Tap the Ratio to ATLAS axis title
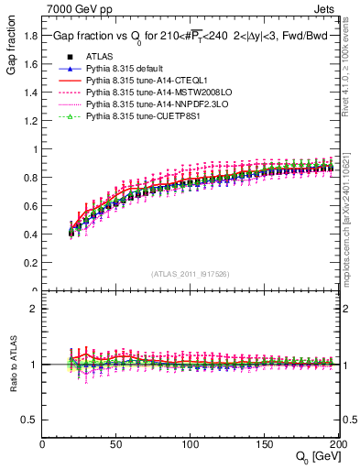pyautogui.click(x=15, y=365)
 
